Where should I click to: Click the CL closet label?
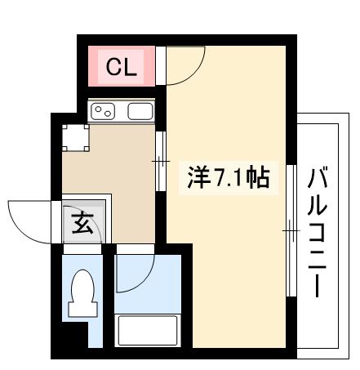click(x=122, y=66)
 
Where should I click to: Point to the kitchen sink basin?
click(x=140, y=111)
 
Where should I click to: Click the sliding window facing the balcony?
click(x=290, y=233)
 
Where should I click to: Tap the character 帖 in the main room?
click(x=257, y=176)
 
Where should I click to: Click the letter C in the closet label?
click(x=113, y=66)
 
